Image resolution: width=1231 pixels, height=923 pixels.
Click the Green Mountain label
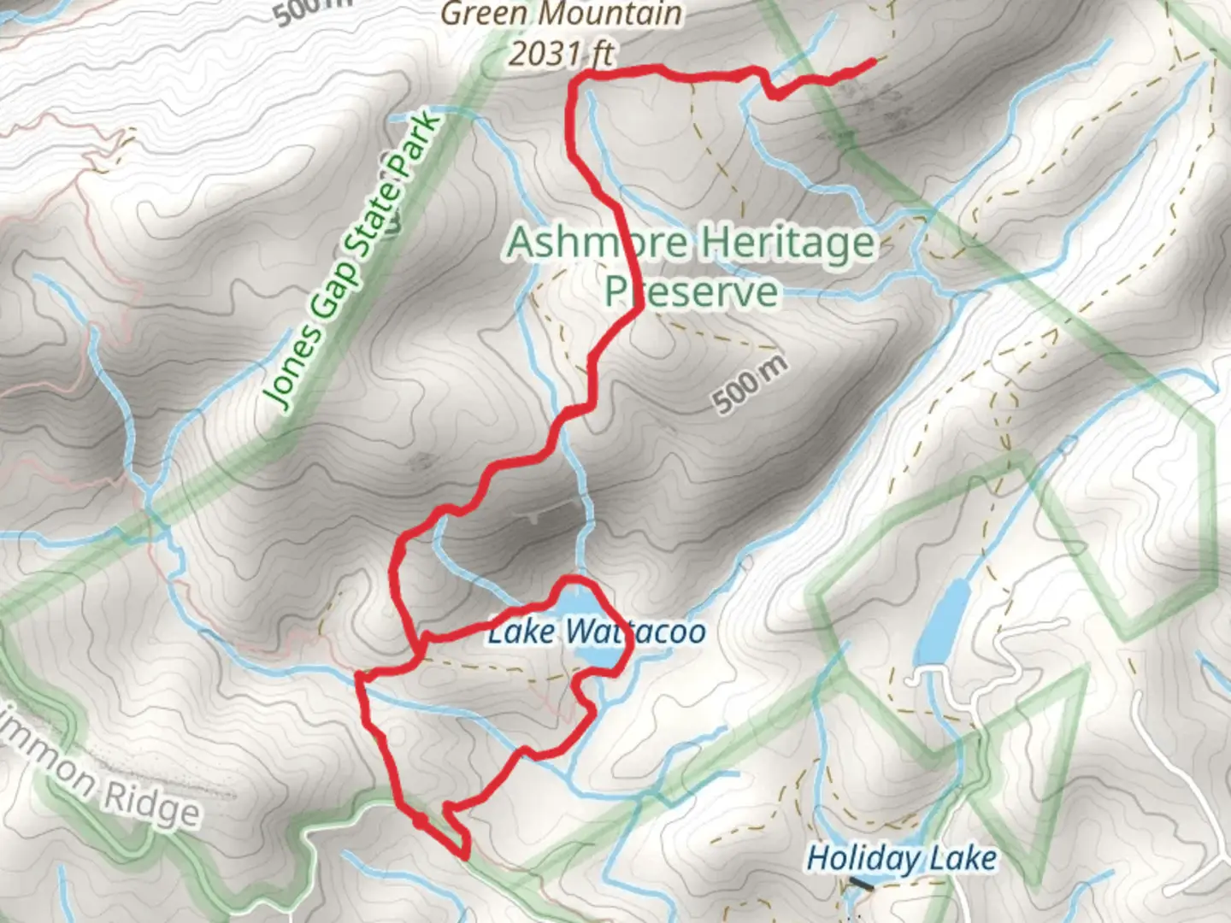562,14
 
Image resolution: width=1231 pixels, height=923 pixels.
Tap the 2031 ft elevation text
562,53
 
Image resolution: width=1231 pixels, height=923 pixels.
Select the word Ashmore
590,243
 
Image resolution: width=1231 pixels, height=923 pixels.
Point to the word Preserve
692,291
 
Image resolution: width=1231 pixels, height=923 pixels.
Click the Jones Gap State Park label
352,262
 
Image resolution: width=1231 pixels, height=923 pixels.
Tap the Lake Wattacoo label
597,632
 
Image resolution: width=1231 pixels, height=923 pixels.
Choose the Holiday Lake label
901,858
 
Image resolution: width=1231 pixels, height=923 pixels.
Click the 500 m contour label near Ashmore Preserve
749,385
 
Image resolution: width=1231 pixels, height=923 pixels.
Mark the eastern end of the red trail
872,61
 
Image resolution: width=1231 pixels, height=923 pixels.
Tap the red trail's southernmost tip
466,854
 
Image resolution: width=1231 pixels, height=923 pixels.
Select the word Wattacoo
634,632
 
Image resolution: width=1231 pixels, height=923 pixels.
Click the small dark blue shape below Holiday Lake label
861,885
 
